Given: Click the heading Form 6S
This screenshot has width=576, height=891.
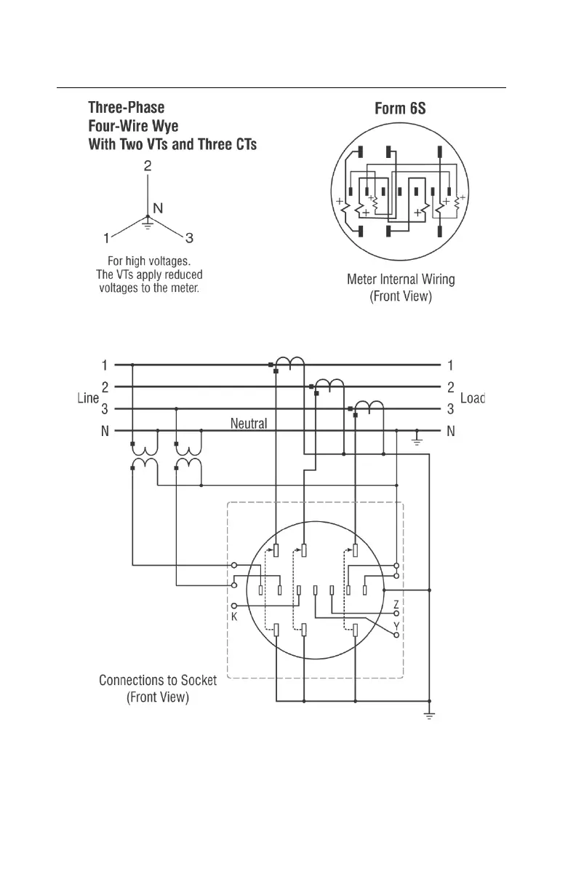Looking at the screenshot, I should point(400,109).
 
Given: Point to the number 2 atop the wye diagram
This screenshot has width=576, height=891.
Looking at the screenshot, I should point(148,166).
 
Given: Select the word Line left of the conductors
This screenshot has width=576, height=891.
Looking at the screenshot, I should point(88,398).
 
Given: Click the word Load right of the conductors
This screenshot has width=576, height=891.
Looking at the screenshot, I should point(472,398).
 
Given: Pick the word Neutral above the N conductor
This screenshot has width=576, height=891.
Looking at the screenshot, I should point(249,422).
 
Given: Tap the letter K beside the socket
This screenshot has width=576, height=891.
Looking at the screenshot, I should point(235,616).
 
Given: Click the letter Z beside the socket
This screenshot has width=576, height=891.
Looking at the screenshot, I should point(396,604).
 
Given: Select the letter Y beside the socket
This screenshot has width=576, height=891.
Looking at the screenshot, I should point(396,626).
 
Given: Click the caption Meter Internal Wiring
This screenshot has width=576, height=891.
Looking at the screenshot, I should point(401,279).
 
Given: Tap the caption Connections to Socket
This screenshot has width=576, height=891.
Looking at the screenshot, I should point(158,681).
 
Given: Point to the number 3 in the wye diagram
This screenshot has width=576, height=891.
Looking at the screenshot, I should point(189,237).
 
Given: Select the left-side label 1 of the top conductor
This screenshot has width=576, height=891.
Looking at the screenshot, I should point(105,364).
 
